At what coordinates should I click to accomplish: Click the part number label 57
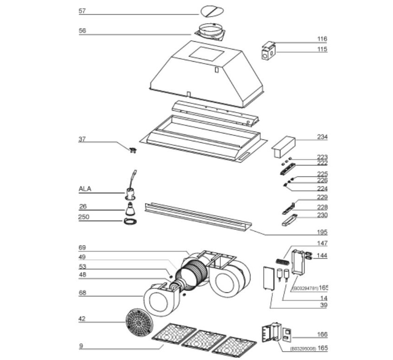(82, 11)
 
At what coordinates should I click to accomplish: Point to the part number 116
(322, 39)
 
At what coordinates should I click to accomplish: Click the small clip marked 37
(133, 149)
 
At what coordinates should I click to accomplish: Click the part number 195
(322, 232)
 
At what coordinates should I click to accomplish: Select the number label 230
(322, 215)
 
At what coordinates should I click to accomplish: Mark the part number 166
(322, 334)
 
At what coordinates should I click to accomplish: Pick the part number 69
(82, 248)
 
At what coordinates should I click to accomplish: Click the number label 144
(322, 255)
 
